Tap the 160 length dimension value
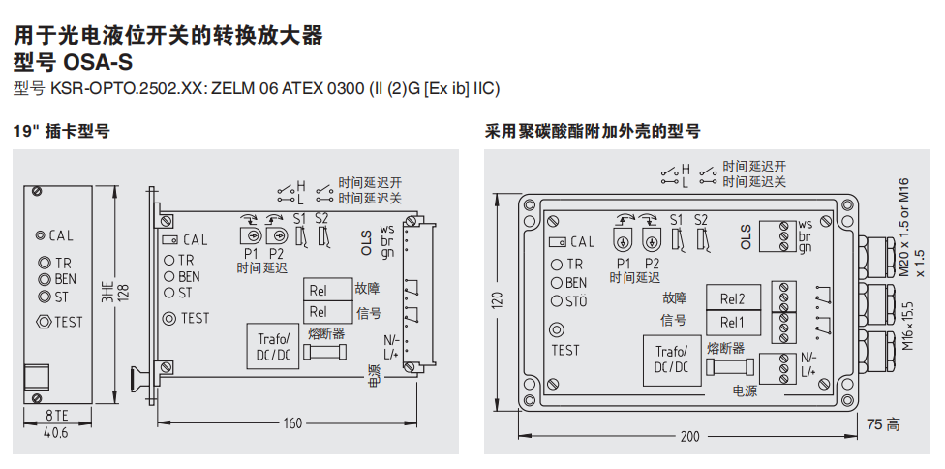pyautogui.click(x=292, y=423)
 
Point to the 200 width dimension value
pyautogui.click(x=688, y=437)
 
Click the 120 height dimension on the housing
pyautogui.click(x=498, y=302)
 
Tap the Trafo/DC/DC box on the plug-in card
pyautogui.click(x=274, y=346)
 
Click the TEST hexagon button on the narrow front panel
pyautogui.click(x=43, y=322)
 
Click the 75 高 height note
pyautogui.click(x=883, y=423)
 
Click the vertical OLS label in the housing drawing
pyautogui.click(x=747, y=237)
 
